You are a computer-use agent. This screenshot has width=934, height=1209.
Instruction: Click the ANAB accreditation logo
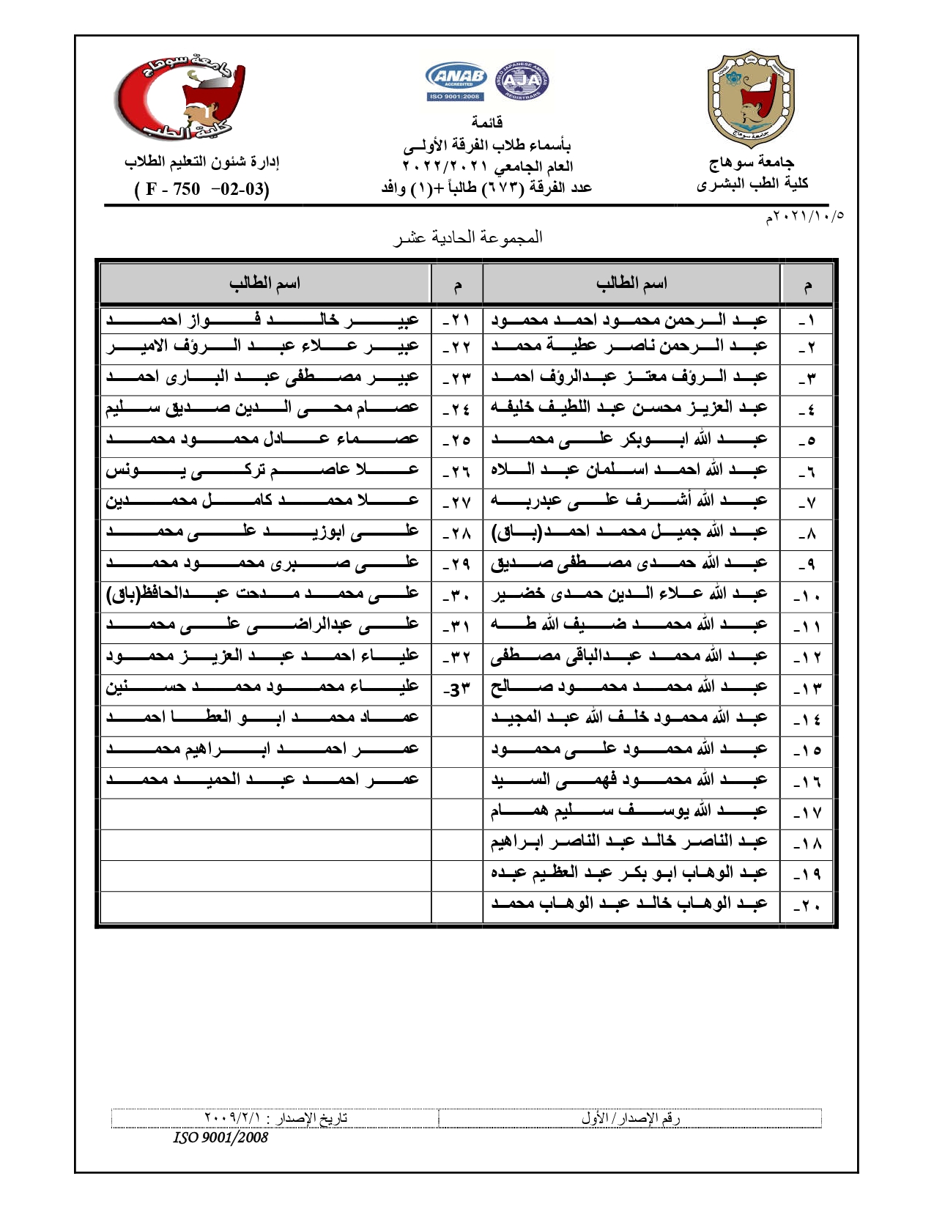(456, 81)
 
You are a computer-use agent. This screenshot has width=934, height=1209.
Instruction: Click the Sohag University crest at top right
(751, 98)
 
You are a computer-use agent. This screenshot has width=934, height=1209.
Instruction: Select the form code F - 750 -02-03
(202, 189)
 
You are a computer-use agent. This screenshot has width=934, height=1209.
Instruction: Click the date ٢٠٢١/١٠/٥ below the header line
(804, 217)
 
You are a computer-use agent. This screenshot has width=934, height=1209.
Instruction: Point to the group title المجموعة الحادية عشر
(468, 237)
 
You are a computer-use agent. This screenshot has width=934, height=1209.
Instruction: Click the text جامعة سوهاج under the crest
(752, 162)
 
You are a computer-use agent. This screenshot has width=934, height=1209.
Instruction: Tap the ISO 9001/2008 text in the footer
(220, 1137)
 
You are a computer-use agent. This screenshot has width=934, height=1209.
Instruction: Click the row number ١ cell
(807, 321)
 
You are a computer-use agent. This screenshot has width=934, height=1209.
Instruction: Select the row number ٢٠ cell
(807, 906)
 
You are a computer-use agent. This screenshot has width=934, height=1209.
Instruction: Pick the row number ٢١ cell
(457, 321)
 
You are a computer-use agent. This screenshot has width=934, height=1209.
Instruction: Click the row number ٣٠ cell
(457, 594)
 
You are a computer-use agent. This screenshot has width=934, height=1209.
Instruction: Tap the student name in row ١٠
(630, 594)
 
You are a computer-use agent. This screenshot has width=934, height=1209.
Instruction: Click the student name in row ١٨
(630, 843)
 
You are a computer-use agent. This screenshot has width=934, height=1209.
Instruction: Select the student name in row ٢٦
(264, 470)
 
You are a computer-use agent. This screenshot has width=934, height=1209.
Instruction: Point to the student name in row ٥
(630, 439)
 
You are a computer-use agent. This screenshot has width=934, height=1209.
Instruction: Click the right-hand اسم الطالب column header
(631, 284)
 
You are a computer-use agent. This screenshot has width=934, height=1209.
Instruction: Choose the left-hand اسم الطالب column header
(264, 284)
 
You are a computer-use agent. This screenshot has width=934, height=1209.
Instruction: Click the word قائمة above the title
(486, 122)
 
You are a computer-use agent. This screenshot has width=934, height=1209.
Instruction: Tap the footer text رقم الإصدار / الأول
(631, 1118)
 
